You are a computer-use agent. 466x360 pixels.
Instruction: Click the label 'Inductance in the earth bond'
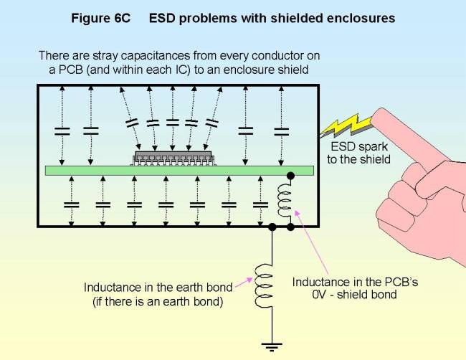(158, 288)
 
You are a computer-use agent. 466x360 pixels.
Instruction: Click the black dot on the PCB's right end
(290, 174)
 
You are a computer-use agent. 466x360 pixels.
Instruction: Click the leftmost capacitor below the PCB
(71, 205)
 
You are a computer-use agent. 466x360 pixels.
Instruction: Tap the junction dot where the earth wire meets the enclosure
(272, 227)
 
